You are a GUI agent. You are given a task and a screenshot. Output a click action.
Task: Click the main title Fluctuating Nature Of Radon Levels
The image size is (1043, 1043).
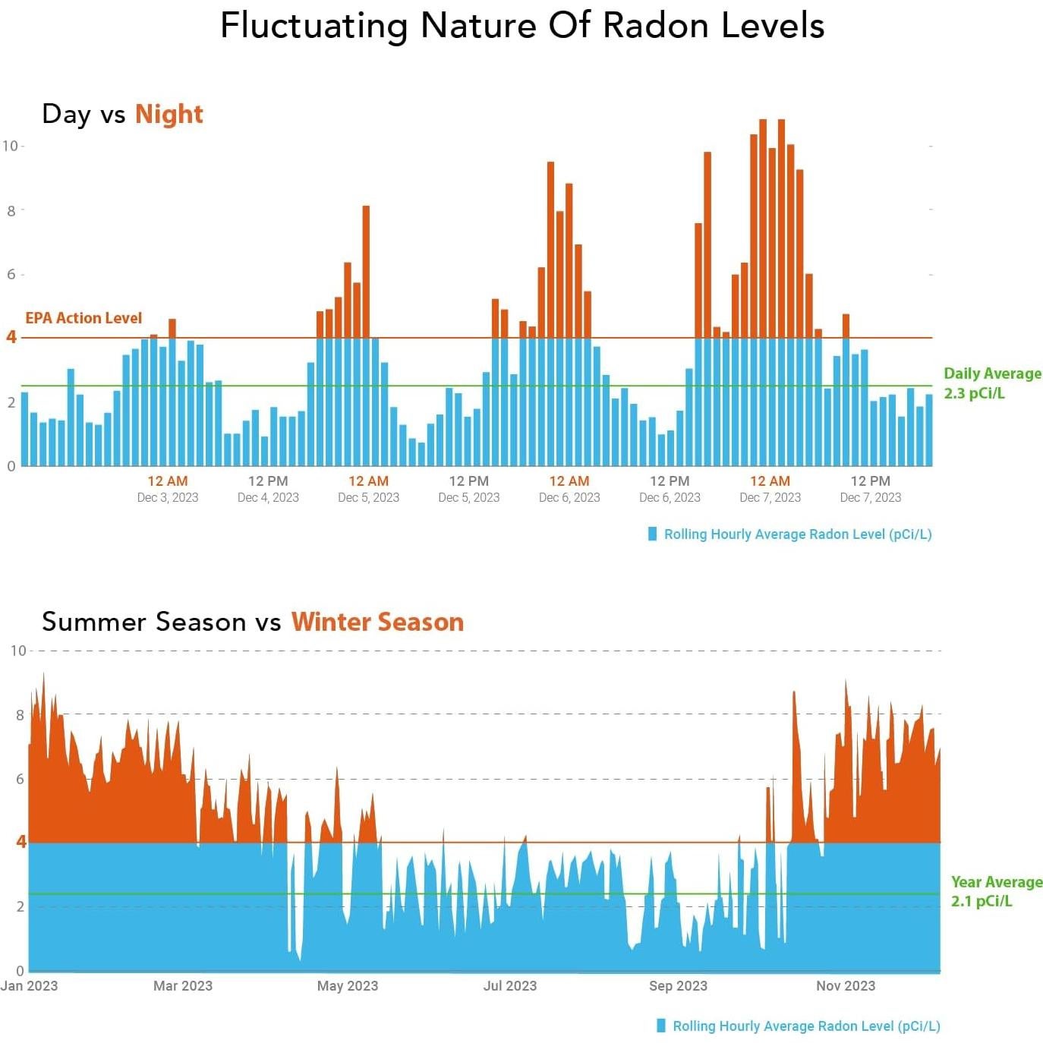click(521, 26)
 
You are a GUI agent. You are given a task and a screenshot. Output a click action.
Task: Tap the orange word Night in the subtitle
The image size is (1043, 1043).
click(169, 114)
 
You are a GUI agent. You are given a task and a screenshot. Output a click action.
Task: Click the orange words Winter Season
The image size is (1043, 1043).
click(377, 622)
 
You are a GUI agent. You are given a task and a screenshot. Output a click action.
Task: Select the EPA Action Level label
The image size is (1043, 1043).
click(84, 318)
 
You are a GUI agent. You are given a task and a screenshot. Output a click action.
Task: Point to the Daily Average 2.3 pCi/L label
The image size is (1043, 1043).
click(991, 383)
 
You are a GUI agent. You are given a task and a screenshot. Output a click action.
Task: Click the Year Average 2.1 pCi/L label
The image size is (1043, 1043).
click(996, 891)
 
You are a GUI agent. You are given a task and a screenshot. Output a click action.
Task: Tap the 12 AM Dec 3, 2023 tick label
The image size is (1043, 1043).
click(167, 488)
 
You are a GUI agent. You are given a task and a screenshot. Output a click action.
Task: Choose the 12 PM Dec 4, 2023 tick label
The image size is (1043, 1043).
click(268, 488)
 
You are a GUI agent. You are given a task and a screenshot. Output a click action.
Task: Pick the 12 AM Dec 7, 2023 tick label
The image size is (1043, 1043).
click(770, 488)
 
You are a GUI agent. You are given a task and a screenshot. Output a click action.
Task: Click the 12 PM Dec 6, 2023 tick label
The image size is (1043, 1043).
click(670, 488)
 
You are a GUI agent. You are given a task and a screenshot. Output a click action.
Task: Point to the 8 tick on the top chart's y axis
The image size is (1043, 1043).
click(11, 211)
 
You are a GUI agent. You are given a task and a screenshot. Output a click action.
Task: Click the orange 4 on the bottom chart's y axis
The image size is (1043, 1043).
click(21, 841)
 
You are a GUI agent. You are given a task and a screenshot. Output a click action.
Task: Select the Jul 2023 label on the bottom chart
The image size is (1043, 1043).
click(509, 985)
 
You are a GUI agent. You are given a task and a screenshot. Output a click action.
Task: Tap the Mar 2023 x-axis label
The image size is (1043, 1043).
click(182, 985)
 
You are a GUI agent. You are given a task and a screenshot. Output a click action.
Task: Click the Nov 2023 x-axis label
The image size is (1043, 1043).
click(845, 985)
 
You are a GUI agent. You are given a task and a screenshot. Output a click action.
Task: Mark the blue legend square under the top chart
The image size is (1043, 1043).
click(652, 534)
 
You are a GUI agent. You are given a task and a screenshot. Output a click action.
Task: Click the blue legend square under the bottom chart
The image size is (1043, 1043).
click(660, 1026)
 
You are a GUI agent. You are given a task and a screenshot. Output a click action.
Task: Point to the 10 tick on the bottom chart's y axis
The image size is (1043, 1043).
click(18, 651)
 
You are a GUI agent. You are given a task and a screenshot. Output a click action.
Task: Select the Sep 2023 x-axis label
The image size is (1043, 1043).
click(678, 985)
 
